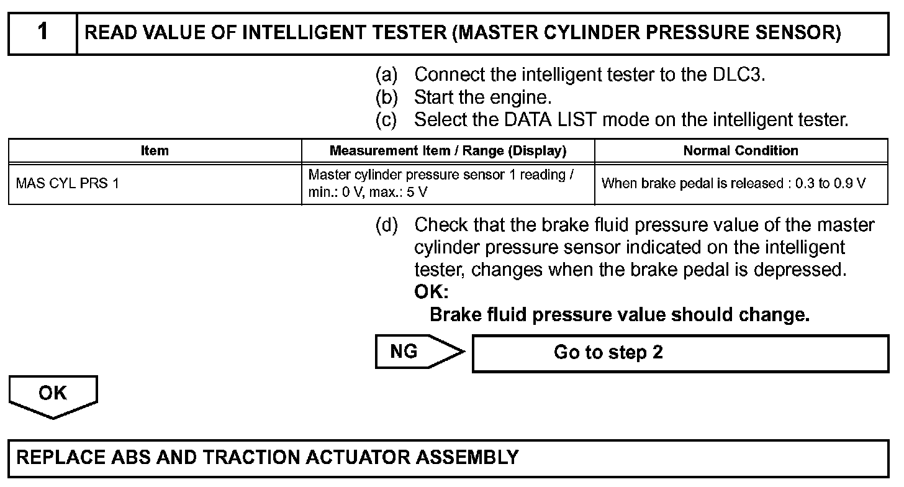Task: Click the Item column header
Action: [155, 150]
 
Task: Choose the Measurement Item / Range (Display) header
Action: [448, 150]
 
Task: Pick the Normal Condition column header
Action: [741, 150]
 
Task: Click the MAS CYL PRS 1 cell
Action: [67, 184]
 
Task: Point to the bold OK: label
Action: [431, 291]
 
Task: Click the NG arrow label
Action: [405, 352]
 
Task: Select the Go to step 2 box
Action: [680, 353]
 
